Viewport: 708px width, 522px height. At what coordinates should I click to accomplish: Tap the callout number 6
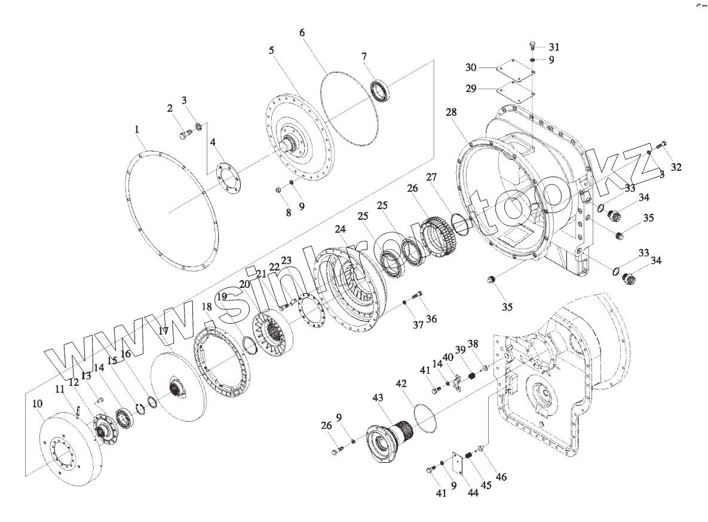pyautogui.click(x=302, y=32)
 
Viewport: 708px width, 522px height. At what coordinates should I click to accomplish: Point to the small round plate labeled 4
pyautogui.click(x=228, y=180)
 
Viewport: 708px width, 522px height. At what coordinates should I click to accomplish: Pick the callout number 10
pyautogui.click(x=37, y=404)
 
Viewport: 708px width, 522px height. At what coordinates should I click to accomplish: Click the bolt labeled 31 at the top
pyautogui.click(x=533, y=46)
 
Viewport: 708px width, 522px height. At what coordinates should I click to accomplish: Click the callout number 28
pyautogui.click(x=450, y=112)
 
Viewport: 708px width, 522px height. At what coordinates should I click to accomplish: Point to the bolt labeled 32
pyautogui.click(x=661, y=144)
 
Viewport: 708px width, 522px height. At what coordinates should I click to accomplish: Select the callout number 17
pyautogui.click(x=164, y=330)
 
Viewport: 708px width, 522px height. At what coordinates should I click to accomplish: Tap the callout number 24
pyautogui.click(x=341, y=229)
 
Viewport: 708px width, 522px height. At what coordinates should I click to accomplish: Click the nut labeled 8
pyautogui.click(x=278, y=190)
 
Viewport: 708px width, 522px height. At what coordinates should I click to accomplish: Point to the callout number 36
pyautogui.click(x=431, y=319)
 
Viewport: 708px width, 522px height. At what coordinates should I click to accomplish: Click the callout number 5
pyautogui.click(x=272, y=50)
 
